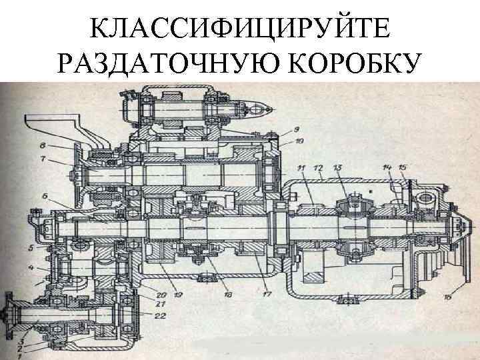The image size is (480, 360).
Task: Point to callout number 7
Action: [43, 161]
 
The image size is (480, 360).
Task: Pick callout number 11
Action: [301, 167]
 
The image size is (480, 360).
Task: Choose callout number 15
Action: [402, 167]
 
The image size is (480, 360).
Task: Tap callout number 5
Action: [31, 247]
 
